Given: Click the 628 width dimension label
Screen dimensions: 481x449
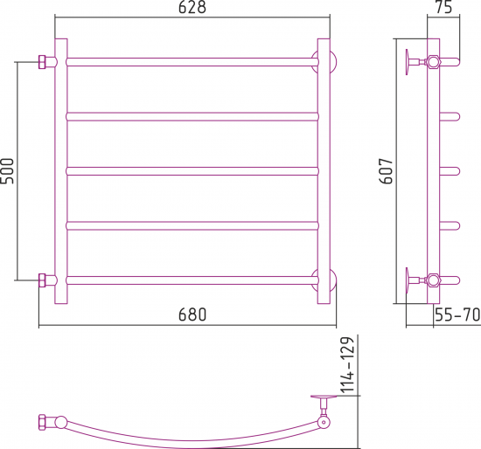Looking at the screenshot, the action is (192, 7).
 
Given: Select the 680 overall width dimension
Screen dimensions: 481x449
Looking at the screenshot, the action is (192, 314).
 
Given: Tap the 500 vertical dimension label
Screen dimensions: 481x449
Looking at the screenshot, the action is (7, 171).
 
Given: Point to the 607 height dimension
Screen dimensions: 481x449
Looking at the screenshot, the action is (386, 171).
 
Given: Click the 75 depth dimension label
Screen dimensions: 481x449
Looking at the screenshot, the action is (443, 7).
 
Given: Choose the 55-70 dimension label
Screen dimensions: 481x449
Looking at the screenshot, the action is (457, 314).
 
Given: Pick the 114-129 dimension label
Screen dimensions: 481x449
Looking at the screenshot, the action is (347, 365).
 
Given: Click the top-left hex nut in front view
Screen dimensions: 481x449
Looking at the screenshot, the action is (42, 62).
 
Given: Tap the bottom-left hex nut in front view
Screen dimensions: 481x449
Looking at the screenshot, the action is (42, 280).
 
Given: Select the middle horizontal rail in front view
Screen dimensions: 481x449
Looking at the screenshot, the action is (192, 171).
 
